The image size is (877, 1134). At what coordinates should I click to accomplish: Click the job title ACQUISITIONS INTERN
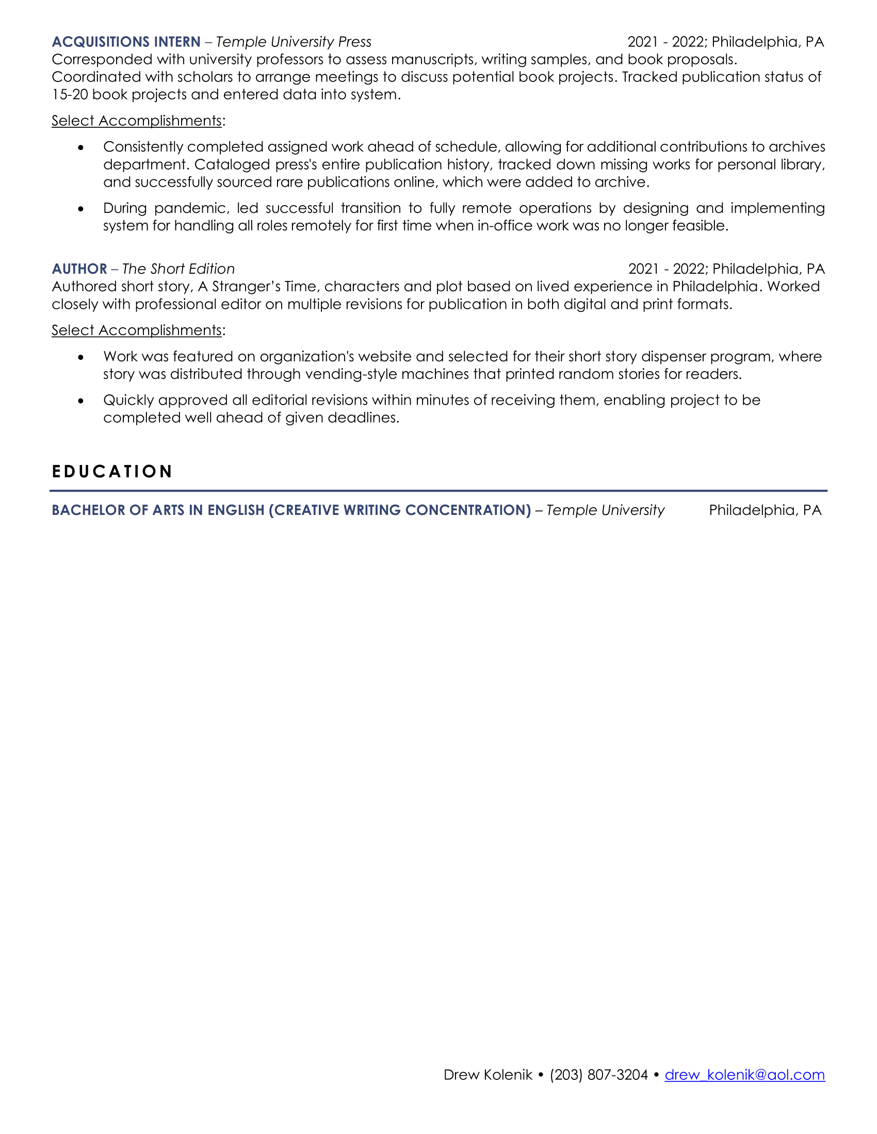(x=126, y=42)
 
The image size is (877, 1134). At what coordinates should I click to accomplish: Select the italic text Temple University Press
(x=294, y=42)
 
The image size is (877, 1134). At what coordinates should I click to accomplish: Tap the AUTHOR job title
(x=79, y=269)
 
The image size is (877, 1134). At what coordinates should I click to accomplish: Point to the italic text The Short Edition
(x=178, y=269)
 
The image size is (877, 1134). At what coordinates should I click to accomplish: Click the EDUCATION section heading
(x=112, y=472)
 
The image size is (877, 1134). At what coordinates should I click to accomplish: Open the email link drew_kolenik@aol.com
(x=744, y=1075)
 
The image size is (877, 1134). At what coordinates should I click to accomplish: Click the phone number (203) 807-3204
(x=598, y=1075)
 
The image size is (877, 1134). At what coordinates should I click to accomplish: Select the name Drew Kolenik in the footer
(x=488, y=1075)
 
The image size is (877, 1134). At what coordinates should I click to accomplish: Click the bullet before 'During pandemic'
(x=80, y=209)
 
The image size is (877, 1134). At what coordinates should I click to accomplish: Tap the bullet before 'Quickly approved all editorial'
(x=80, y=401)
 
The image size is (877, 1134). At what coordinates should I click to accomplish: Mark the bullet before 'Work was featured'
(x=80, y=357)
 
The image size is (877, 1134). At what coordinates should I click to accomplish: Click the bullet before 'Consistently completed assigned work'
(x=80, y=147)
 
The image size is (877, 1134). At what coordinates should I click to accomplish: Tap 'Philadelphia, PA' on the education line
(x=765, y=510)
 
